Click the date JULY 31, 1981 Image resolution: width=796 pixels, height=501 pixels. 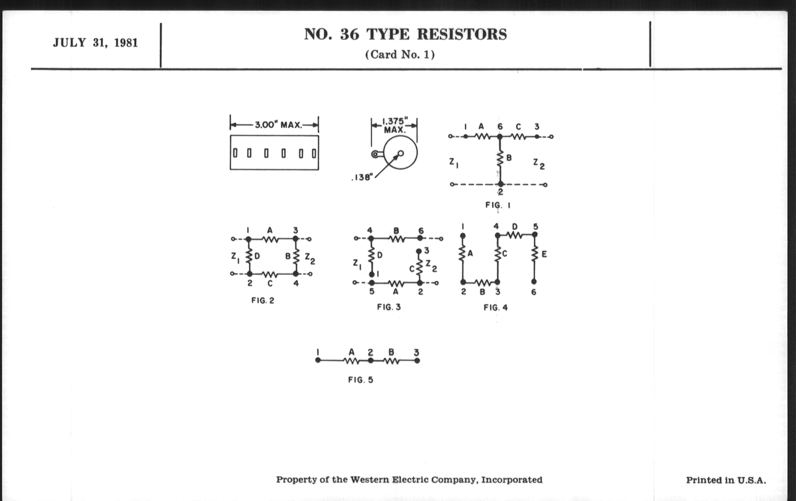coord(95,43)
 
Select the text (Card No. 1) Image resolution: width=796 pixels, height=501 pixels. coord(400,55)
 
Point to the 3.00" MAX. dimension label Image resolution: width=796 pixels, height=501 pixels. coord(278,125)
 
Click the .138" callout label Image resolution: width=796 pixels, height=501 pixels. coord(362,177)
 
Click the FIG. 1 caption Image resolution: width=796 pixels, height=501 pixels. coord(498,205)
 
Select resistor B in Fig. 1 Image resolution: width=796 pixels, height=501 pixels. coord(500,159)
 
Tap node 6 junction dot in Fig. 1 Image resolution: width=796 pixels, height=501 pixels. coord(500,136)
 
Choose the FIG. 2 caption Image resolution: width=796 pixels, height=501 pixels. coord(263,301)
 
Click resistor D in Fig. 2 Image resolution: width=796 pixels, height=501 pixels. coord(249,256)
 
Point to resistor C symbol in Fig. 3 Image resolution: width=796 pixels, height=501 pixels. coord(419,268)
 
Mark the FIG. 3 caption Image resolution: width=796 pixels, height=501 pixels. coord(389,307)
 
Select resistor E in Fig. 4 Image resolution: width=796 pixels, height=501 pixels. coord(534,254)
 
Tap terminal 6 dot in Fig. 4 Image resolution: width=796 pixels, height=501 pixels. coord(534,282)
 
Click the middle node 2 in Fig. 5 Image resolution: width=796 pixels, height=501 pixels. coord(371,361)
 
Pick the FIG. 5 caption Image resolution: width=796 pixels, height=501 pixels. coord(361,380)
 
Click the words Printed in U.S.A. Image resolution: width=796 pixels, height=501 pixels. coord(726,480)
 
